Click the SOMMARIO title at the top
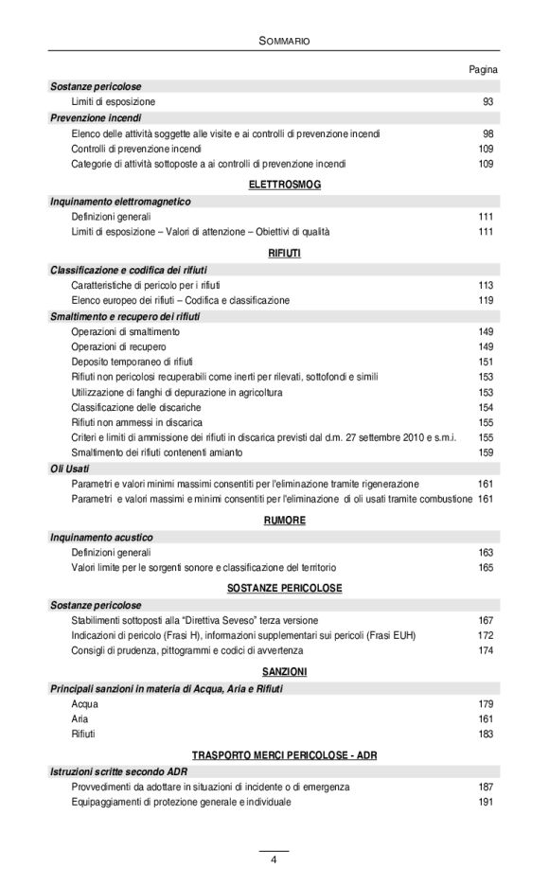pos(284,41)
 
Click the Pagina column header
pos(484,70)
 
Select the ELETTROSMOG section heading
pos(284,184)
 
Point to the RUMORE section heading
pos(284,520)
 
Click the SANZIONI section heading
pos(284,671)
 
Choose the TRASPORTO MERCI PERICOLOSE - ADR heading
pos(284,754)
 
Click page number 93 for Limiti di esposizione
pos(488,101)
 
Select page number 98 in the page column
pos(488,133)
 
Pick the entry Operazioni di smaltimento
pos(125,332)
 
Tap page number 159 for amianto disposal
pos(486,452)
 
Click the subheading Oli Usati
pos(71,468)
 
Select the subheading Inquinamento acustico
pos(101,537)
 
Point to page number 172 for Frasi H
pos(486,635)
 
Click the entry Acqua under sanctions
pos(84,703)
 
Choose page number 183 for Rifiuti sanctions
pos(486,734)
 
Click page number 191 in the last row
pos(486,802)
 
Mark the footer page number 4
pos(274,859)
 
